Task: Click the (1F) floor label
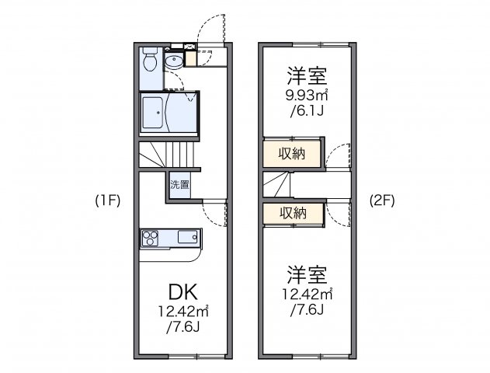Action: (107, 200)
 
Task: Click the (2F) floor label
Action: (383, 200)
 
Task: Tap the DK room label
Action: (183, 292)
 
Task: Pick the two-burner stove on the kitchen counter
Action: (151, 236)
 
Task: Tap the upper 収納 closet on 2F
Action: (292, 154)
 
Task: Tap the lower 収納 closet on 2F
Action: (292, 212)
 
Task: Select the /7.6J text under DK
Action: (183, 327)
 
